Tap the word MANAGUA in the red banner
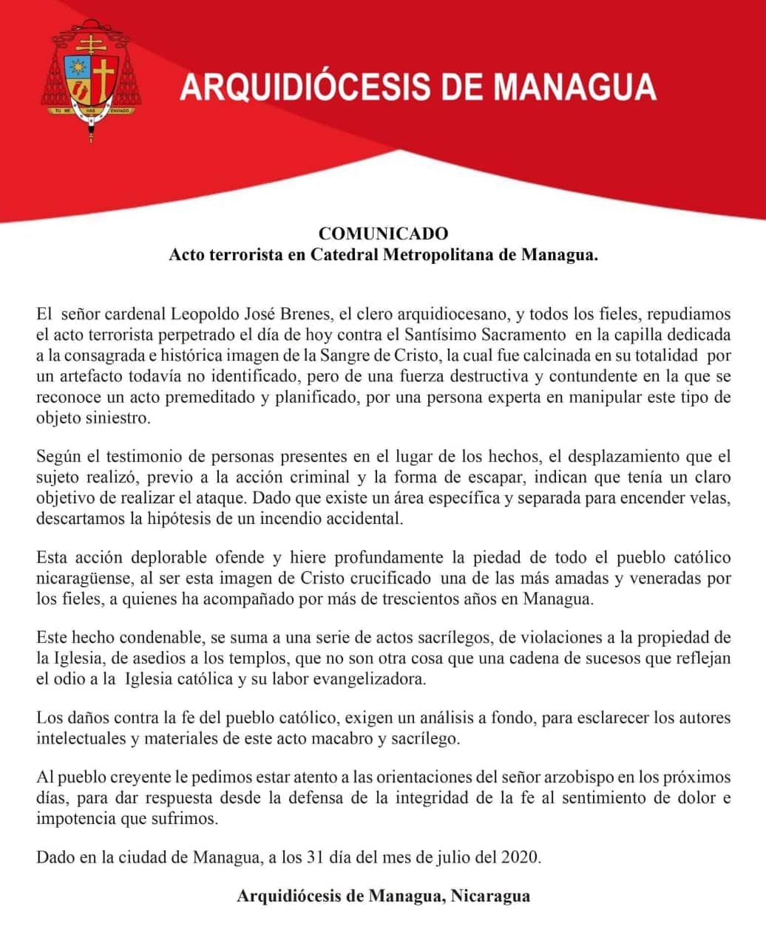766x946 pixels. (574, 86)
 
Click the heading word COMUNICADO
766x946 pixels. (383, 234)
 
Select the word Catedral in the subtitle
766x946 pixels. (345, 255)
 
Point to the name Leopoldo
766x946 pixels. (220, 315)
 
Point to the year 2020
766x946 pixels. (521, 858)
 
